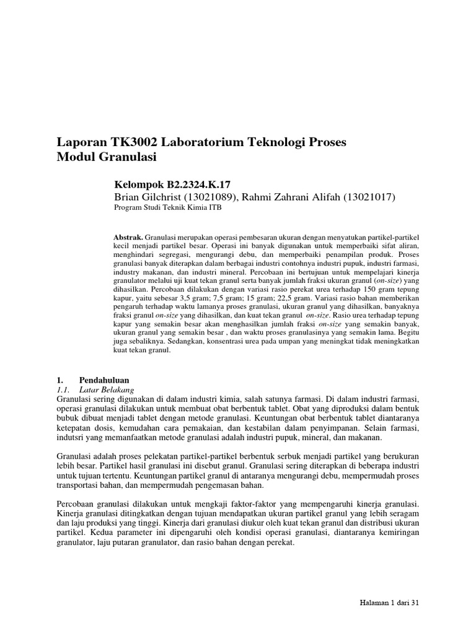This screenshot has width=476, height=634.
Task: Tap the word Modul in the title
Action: tap(76, 157)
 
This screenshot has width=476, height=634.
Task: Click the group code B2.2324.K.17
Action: tap(198, 185)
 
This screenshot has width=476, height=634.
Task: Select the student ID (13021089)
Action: tap(206, 197)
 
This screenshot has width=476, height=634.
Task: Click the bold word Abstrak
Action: tap(128, 237)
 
